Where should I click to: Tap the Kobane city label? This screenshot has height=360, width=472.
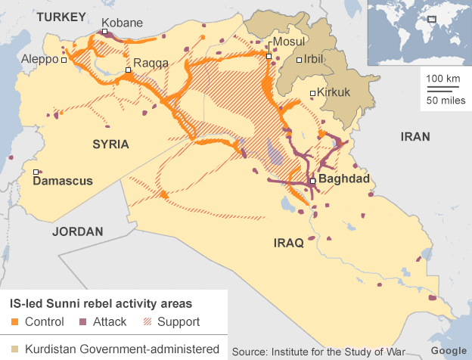[121, 23]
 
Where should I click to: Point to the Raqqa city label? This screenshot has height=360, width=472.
[151, 63]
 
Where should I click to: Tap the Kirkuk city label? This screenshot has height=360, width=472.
[332, 93]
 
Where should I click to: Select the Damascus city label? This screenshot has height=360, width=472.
[63, 181]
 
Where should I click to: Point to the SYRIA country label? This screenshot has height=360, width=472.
[111, 144]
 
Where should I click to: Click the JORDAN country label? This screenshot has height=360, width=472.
[77, 231]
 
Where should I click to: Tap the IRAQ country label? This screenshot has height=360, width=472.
[288, 243]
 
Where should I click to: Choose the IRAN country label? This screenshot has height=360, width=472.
[415, 137]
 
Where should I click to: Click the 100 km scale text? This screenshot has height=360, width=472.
[443, 79]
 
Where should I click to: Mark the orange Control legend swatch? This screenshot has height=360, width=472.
[15, 322]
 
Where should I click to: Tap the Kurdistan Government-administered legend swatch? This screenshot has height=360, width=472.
[15, 349]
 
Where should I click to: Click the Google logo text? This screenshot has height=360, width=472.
[448, 350]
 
